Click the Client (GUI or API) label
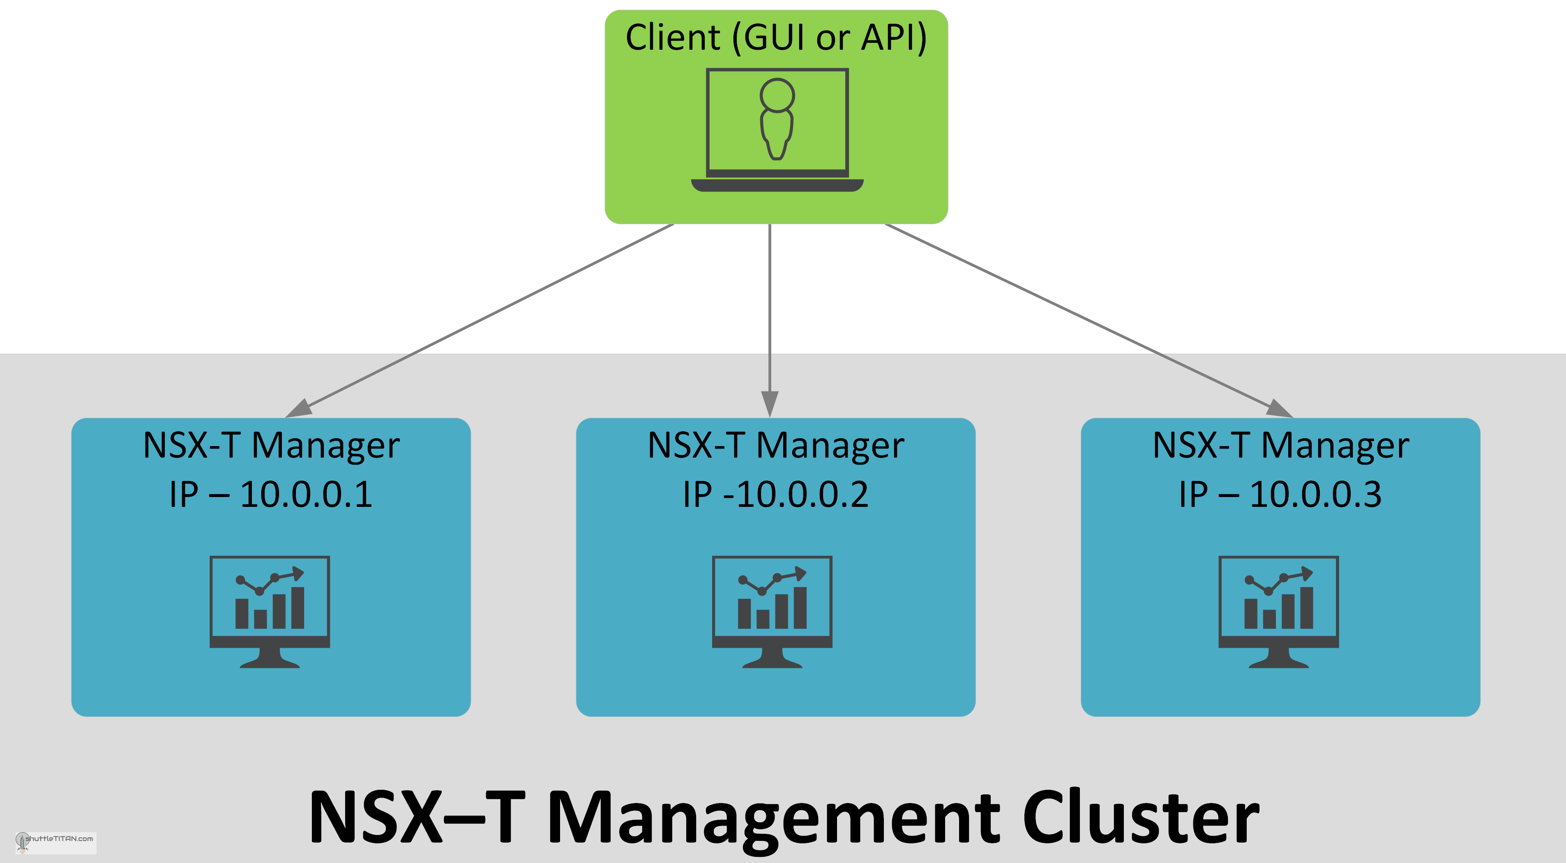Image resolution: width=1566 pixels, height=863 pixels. pyautogui.click(x=776, y=38)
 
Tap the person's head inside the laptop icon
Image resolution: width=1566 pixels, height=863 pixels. pyautogui.click(x=777, y=95)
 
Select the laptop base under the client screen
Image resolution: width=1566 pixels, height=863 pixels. pyautogui.click(x=777, y=185)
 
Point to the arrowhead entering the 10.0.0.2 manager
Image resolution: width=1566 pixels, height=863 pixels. pyautogui.click(x=770, y=403)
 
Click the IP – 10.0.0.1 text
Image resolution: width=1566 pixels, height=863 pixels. pyautogui.click(x=270, y=494)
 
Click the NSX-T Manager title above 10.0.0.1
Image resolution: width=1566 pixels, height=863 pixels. pyautogui.click(x=271, y=446)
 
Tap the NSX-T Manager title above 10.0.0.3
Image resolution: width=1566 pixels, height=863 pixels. pyautogui.click(x=1280, y=446)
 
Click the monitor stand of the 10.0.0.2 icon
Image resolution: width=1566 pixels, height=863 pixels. pyautogui.click(x=772, y=659)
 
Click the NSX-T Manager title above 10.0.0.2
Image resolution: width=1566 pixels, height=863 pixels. pyautogui.click(x=776, y=446)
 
